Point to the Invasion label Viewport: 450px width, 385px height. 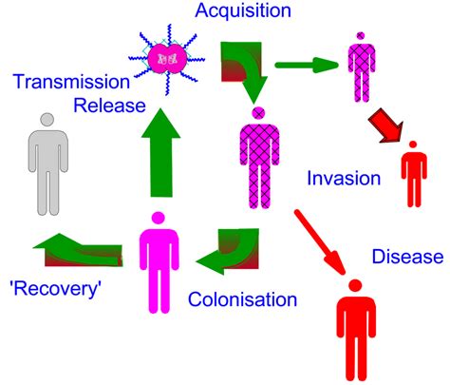click(345, 178)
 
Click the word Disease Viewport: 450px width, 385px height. click(407, 256)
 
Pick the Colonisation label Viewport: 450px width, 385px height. click(243, 300)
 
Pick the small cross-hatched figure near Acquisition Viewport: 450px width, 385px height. click(361, 67)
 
